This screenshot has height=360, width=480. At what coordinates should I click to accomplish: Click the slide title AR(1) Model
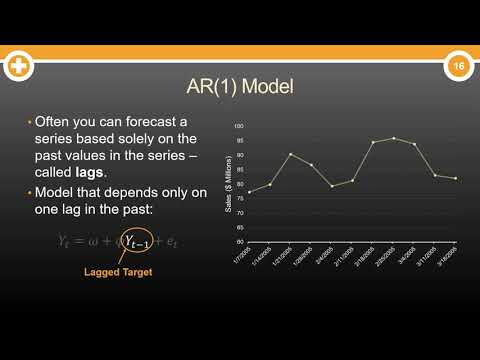click(239, 87)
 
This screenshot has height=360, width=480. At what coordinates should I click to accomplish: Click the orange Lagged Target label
click(118, 272)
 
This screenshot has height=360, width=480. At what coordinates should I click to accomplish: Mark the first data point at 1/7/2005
click(250, 191)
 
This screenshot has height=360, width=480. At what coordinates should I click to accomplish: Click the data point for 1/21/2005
click(291, 154)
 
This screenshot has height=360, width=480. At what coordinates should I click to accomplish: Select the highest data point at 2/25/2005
click(394, 138)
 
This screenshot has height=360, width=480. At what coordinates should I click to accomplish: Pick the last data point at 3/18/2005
click(456, 178)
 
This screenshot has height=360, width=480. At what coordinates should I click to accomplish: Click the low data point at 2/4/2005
click(332, 186)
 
